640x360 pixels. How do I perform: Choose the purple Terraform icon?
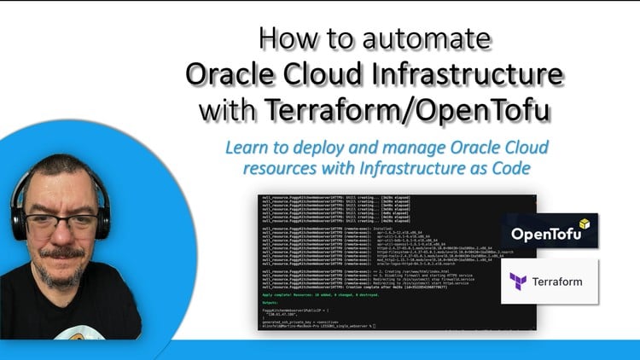coord(518,281)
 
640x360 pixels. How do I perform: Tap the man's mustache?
coord(61,253)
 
